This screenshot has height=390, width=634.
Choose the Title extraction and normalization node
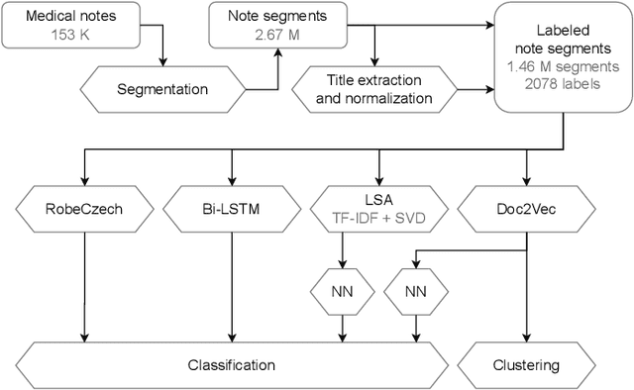[379, 89]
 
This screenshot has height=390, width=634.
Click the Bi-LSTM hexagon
[232, 210]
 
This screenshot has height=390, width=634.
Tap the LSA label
[380, 201]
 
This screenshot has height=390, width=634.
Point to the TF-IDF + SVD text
[380, 219]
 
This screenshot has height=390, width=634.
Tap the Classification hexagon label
[232, 365]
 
